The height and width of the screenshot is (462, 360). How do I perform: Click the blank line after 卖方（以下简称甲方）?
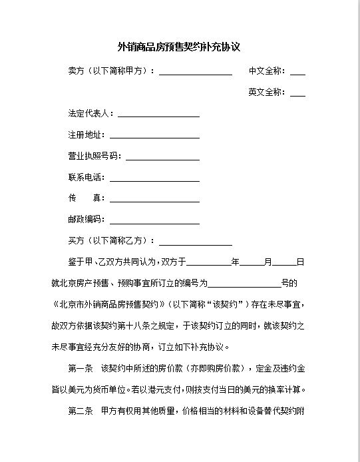point(195,72)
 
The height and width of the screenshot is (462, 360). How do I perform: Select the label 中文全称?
point(266,71)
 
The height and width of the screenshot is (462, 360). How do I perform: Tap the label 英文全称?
point(266,93)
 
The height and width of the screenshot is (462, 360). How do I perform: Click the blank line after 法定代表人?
point(159,115)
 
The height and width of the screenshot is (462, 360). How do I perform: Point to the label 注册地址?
point(86,135)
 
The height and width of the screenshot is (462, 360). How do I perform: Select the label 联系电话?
point(86,178)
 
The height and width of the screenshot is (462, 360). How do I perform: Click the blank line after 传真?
point(154,199)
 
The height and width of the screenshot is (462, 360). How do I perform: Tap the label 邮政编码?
point(86,220)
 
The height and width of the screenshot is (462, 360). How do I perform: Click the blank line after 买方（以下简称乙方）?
point(195,242)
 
